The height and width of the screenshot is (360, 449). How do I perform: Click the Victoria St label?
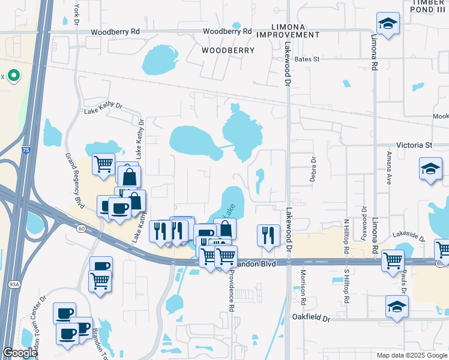(414, 145)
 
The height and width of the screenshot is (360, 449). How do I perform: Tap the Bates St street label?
(307, 59)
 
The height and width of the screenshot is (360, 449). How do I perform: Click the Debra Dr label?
(313, 169)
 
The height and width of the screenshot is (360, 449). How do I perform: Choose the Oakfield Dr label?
(311, 318)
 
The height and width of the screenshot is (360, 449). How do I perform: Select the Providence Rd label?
(231, 290)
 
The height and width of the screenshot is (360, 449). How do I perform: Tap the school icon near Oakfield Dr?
(397, 307)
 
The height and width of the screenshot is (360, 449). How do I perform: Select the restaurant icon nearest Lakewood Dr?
(268, 235)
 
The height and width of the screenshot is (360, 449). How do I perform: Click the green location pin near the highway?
(13, 76)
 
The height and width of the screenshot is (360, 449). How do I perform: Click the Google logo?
(20, 353)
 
